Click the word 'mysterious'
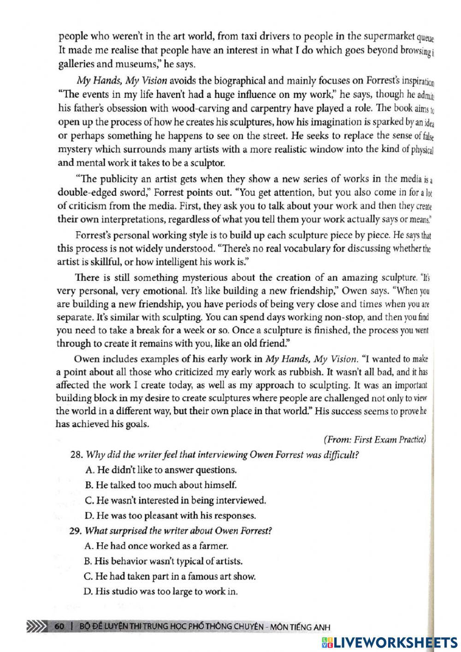205,278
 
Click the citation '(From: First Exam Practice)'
374,439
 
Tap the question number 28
76,455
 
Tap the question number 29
76,531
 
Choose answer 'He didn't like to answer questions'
161,470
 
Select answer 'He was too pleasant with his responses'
170,515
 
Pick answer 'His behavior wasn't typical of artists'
164,561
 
